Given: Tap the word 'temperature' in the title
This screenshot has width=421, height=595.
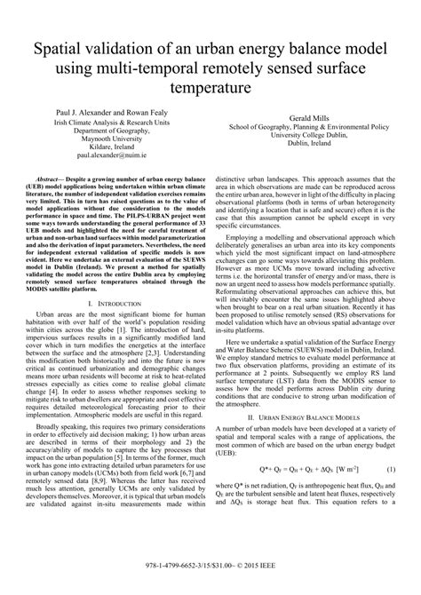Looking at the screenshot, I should pyautogui.click(x=210, y=89).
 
